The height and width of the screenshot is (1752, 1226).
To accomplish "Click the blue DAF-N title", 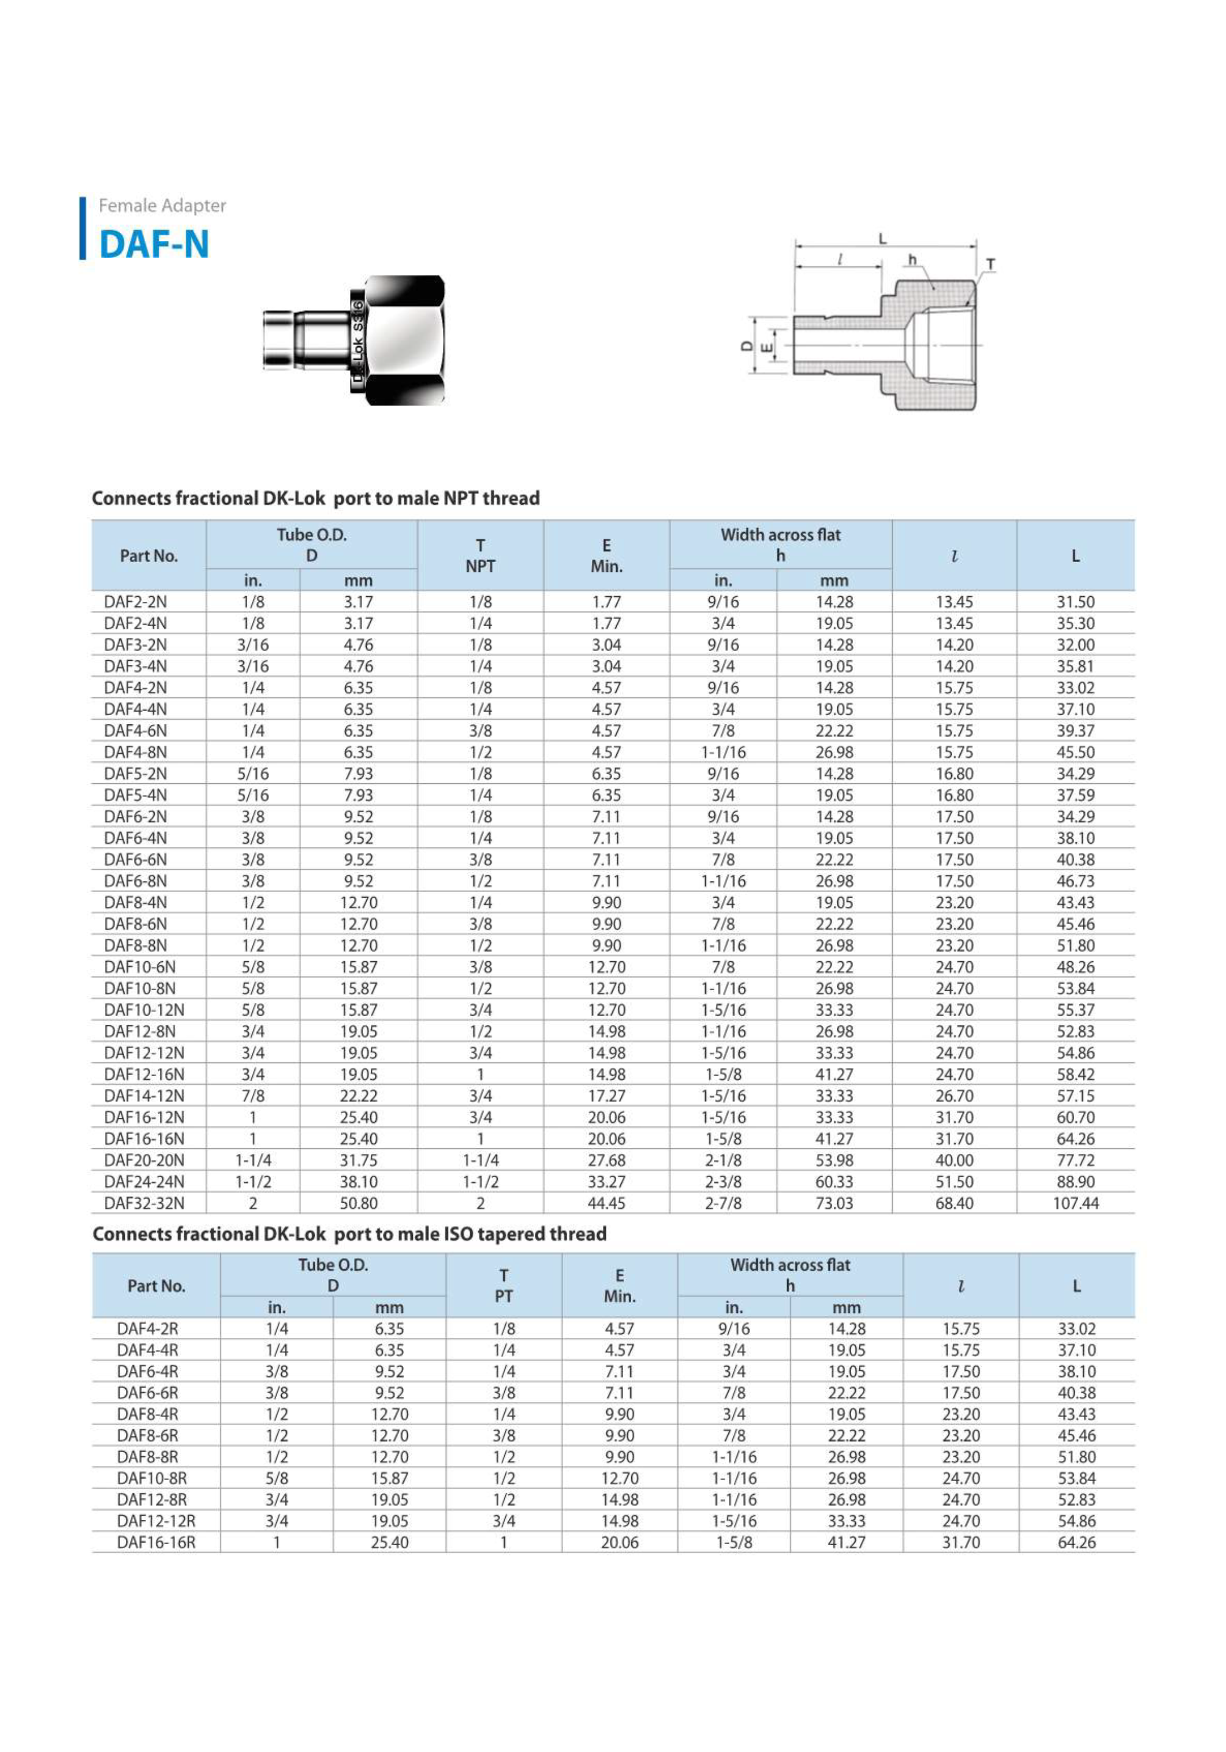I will tap(154, 245).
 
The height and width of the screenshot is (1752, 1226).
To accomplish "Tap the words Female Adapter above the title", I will tap(162, 205).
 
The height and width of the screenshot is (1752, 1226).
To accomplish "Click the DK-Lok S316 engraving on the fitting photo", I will tap(357, 341).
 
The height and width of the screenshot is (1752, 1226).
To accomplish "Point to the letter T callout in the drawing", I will tap(990, 264).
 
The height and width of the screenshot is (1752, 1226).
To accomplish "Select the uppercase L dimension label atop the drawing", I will tap(883, 239).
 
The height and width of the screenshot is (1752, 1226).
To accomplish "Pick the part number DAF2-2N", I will tap(135, 602).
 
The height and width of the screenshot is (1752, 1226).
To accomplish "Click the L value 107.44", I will tap(1075, 1203).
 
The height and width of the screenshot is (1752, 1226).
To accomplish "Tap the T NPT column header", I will tap(480, 556).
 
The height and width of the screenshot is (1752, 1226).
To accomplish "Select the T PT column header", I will tap(504, 1286).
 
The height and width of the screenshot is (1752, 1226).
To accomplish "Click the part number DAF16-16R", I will tap(156, 1542).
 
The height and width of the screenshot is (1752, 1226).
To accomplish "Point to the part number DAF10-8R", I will tap(151, 1478).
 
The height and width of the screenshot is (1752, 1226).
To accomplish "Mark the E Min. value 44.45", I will tap(606, 1203).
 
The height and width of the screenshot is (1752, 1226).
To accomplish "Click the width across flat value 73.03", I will tap(834, 1203).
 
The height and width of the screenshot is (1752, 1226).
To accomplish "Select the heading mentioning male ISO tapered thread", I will tap(349, 1234).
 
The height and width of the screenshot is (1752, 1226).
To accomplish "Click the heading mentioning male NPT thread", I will tap(316, 499).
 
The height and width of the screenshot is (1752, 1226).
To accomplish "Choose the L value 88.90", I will tap(1075, 1182).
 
